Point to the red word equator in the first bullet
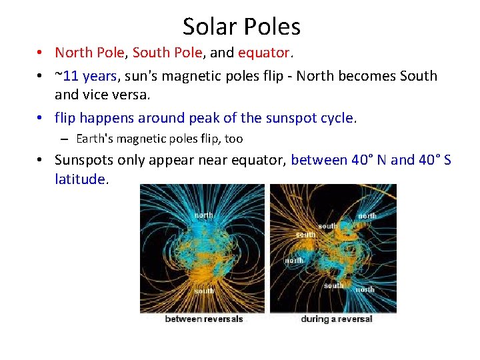[x=263, y=53]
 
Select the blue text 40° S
[x=435, y=160]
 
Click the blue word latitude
[x=79, y=179]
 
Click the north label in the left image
[x=203, y=215]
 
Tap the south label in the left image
[x=204, y=291]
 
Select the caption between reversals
[x=203, y=319]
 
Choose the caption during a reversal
[x=337, y=319]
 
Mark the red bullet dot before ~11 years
[x=41, y=76]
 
